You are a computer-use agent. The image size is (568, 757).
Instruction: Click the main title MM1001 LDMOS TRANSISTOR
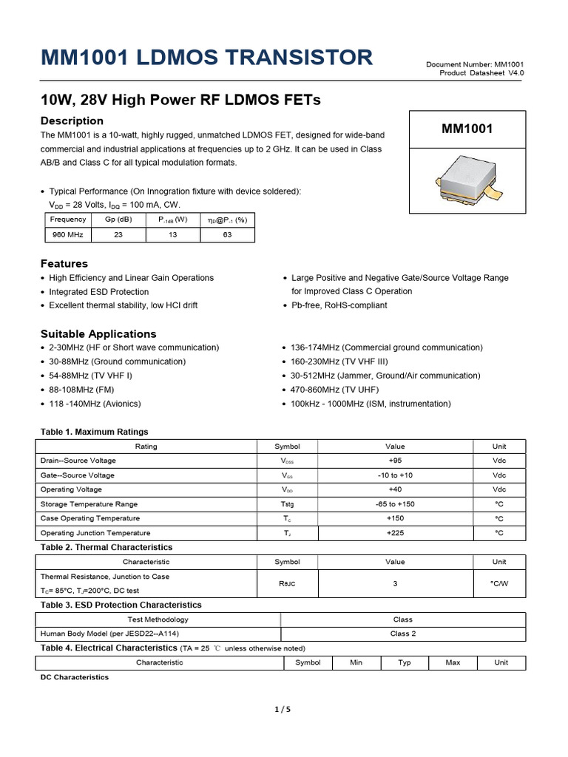[206, 58]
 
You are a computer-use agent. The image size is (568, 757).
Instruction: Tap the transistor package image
[467, 182]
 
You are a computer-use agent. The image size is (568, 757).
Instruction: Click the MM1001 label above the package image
[467, 129]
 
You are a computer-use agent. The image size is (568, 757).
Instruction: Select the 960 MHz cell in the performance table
[68, 234]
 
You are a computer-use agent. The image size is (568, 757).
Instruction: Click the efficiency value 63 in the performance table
[227, 234]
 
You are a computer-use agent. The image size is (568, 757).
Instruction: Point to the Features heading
[64, 263]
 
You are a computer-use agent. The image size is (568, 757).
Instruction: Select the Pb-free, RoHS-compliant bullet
[339, 305]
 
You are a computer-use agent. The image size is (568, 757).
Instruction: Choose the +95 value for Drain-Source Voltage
[395, 461]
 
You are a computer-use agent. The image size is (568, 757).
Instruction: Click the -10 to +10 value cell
[395, 475]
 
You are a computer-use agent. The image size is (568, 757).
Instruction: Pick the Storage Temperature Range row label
[89, 504]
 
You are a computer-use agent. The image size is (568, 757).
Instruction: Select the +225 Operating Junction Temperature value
[395, 533]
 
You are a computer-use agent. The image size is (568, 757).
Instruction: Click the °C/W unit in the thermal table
[499, 583]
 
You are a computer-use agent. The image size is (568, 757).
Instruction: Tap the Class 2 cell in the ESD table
[403, 634]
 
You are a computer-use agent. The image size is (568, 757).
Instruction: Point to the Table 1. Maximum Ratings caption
[94, 432]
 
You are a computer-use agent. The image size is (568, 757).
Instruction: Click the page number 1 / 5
[283, 710]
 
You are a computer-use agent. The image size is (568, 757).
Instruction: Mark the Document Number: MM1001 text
[475, 65]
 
